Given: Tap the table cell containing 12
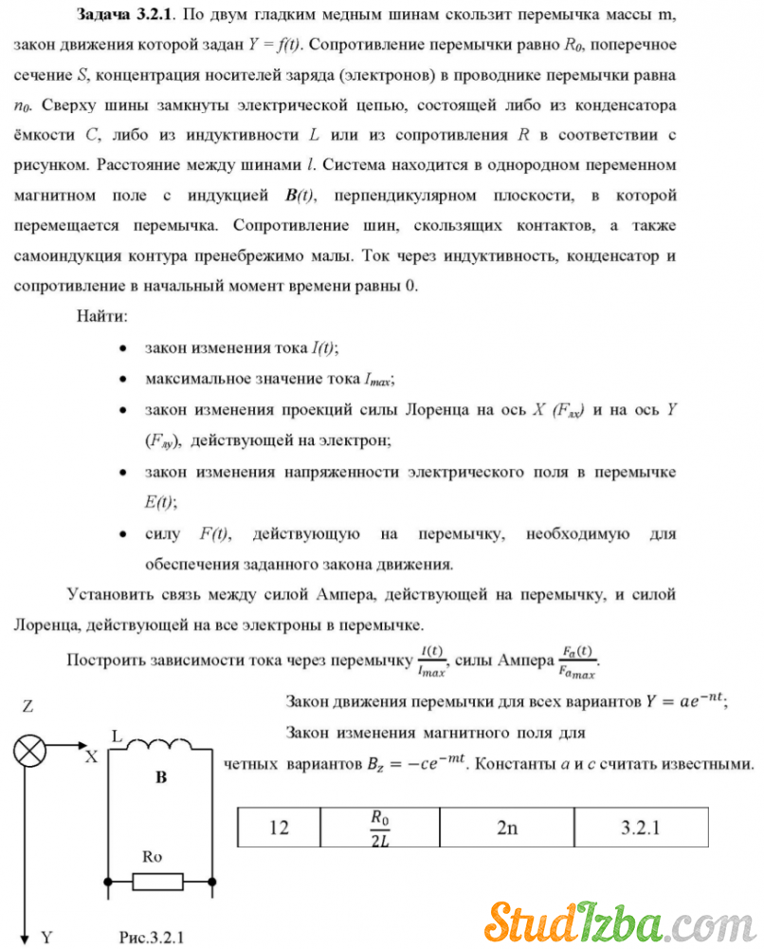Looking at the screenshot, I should point(279,828).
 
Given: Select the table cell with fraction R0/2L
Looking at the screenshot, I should point(381,827).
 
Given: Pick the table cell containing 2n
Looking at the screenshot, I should point(507,828).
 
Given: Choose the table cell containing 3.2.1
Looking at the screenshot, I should point(641,828).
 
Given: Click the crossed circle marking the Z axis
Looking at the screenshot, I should point(28,753).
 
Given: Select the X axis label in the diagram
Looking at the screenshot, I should point(91,756).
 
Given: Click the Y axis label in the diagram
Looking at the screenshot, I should point(46,937).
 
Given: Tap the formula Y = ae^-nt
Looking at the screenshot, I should point(684,701).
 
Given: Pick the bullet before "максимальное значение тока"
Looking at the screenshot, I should point(123,379).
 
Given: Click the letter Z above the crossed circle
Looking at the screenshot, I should point(28,707).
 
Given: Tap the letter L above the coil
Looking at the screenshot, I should point(117,735).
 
